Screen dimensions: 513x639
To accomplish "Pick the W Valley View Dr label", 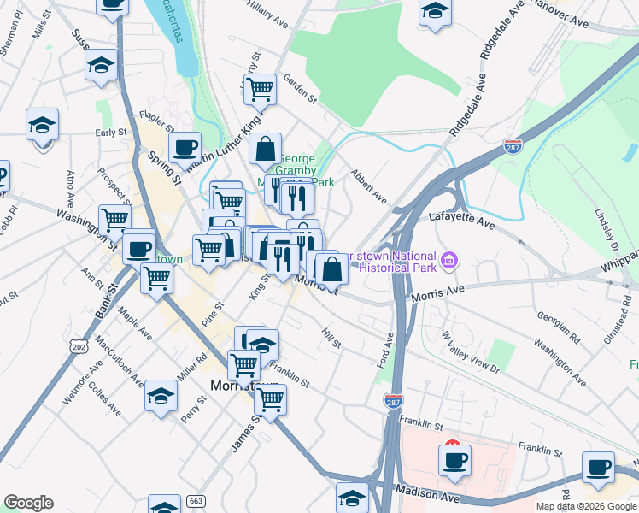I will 470,354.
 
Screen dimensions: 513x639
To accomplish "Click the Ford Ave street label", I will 384,351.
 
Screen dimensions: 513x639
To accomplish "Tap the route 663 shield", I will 196,500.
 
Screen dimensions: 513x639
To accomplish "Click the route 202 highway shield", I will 79,347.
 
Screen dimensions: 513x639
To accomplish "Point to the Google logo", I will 28,503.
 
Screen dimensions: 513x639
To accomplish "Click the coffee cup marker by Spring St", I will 184,147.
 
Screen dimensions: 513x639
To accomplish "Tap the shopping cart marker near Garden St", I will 260,88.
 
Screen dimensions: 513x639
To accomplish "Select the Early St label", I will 111,133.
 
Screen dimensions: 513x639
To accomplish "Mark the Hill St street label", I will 331,338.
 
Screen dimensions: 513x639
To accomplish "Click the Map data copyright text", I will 586,506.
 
